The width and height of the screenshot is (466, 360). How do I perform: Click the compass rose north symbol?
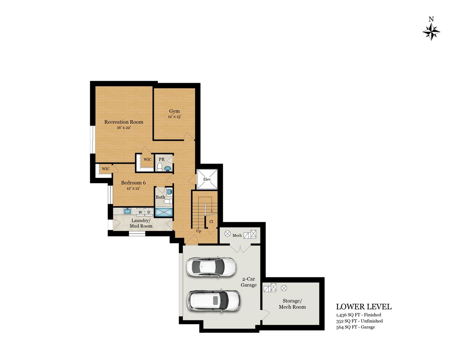coord(431,32)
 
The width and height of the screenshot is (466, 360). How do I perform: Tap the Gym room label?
coord(174,111)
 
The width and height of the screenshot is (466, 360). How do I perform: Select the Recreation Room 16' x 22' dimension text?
coord(124,128)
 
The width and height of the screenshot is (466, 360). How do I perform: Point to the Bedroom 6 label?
coord(133,183)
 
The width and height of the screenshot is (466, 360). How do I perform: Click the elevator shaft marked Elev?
coord(207,179)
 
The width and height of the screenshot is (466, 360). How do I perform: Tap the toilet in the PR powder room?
coord(159,167)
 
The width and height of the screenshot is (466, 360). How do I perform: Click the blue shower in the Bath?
coord(163,212)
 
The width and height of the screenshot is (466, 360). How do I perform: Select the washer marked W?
coord(140,212)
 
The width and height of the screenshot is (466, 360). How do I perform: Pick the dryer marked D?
coord(149,212)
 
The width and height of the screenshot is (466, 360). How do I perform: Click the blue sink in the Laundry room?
coord(127,211)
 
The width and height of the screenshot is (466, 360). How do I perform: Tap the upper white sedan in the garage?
coord(212,267)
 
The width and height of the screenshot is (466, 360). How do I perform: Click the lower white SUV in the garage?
coord(214,301)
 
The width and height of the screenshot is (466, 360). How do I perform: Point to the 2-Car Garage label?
coord(249,282)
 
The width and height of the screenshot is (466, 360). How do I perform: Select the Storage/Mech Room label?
coord(292,304)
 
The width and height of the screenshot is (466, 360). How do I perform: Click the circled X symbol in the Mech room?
coord(227,234)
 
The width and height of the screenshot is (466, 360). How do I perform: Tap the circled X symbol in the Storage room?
coord(284,288)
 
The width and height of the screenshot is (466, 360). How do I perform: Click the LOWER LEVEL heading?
coord(364,307)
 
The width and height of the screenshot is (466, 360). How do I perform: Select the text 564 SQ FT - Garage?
coord(356,327)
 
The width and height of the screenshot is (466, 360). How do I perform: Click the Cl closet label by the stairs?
coord(211,222)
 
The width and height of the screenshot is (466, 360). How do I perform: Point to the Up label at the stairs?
coord(198,231)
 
